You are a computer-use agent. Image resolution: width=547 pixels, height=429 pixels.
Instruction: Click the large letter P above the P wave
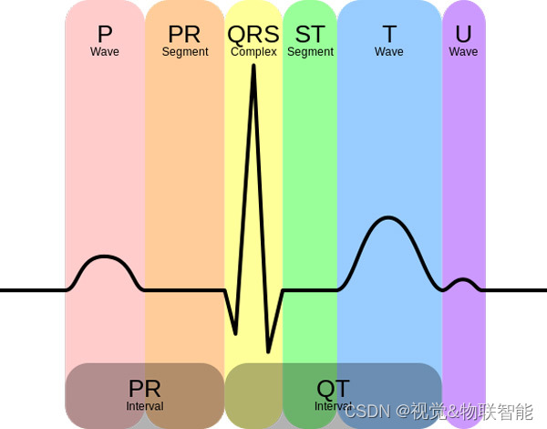pyautogui.click(x=105, y=35)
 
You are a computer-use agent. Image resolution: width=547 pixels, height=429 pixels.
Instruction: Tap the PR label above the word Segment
pyautogui.click(x=184, y=35)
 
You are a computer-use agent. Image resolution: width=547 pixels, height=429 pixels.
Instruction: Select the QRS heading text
pyautogui.click(x=253, y=35)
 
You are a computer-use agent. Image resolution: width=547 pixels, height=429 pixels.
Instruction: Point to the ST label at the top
pyautogui.click(x=310, y=35)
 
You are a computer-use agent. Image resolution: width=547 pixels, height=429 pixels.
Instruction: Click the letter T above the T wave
pyautogui.click(x=389, y=35)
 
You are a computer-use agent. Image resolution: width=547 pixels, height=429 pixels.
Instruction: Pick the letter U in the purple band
pyautogui.click(x=463, y=35)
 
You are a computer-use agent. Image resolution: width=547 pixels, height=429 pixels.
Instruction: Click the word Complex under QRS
pyautogui.click(x=253, y=52)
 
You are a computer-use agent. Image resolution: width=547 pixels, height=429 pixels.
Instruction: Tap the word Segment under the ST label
pyautogui.click(x=310, y=52)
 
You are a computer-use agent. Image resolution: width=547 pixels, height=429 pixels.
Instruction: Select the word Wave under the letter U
pyautogui.click(x=463, y=52)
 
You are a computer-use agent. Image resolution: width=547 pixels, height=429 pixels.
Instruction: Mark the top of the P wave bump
pyautogui.click(x=105, y=258)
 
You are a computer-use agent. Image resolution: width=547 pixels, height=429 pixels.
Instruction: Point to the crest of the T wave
pyautogui.click(x=389, y=218)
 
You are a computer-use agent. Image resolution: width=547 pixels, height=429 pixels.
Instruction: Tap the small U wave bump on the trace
pyautogui.click(x=463, y=281)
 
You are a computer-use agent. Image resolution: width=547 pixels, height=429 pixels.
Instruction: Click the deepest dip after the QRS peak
pyautogui.click(x=268, y=351)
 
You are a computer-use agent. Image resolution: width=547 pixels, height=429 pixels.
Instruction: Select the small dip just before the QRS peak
pyautogui.click(x=236, y=332)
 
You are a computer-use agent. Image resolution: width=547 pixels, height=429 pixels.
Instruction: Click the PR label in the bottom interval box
pyautogui.click(x=145, y=389)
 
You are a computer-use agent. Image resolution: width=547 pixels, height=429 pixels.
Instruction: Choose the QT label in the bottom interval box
pyautogui.click(x=333, y=389)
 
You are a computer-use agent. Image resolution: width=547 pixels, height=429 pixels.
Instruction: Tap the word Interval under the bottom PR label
pyautogui.click(x=145, y=405)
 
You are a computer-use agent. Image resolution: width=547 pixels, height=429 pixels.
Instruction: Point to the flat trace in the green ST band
pyautogui.click(x=310, y=290)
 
